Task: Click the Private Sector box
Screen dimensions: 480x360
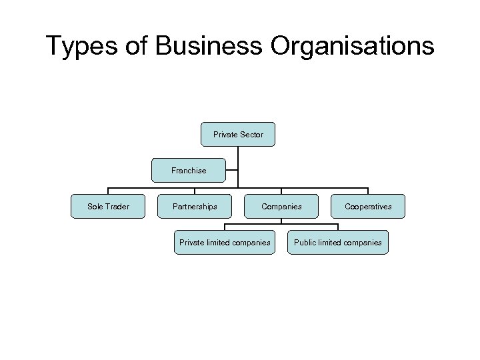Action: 238,134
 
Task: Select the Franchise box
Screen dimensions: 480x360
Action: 189,171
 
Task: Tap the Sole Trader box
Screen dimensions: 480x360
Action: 108,207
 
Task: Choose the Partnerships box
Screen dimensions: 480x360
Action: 194,207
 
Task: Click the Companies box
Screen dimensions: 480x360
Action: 281,207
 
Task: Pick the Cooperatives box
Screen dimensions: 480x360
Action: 368,207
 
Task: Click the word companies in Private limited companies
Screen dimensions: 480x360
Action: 250,243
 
